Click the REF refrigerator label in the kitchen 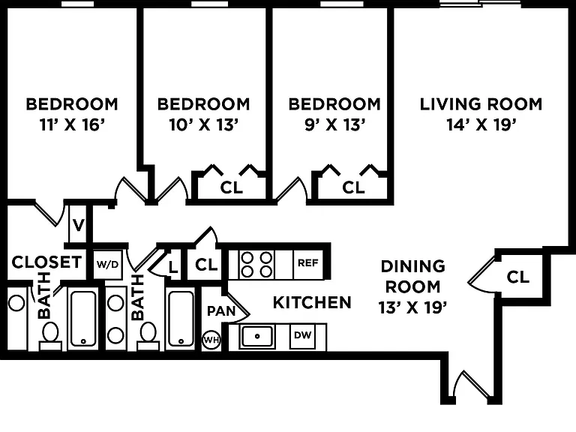[x=307, y=263]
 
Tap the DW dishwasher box [x=303, y=335]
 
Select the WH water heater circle [x=211, y=340]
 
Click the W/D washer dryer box [x=108, y=265]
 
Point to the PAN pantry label [x=221, y=311]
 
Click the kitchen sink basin [x=257, y=336]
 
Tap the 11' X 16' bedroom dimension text [x=72, y=125]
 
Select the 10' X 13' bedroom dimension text [x=204, y=125]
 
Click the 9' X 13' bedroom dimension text [x=334, y=125]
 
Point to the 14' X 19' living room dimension [x=481, y=125]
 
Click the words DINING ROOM [x=413, y=276]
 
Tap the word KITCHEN [x=312, y=303]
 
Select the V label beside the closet [x=78, y=225]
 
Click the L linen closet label [x=173, y=267]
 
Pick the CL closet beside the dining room [x=518, y=277]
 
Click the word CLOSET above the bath [x=46, y=262]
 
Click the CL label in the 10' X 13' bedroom [x=232, y=187]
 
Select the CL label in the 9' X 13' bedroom [x=353, y=187]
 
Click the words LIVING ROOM [x=481, y=104]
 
